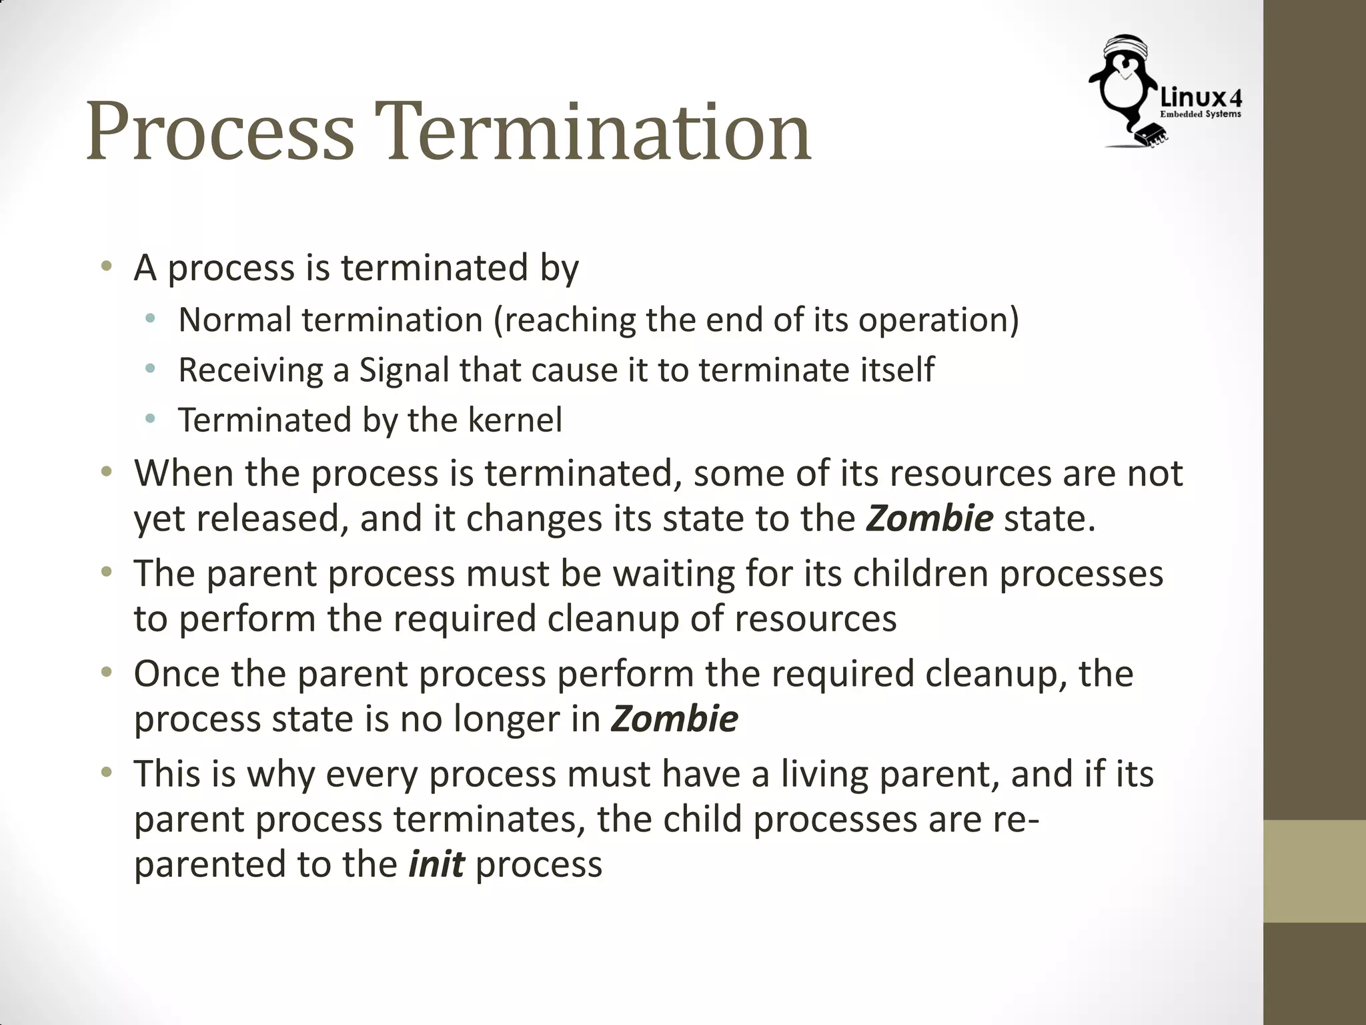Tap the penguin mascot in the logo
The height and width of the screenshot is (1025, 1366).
pos(1124,83)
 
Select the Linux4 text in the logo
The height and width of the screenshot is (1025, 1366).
pos(1201,99)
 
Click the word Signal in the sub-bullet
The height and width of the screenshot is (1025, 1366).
pos(404,370)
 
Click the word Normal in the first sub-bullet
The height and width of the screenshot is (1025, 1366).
pos(235,320)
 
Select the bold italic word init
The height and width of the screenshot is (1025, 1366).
pos(436,864)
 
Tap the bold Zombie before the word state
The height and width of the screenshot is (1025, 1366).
pos(930,519)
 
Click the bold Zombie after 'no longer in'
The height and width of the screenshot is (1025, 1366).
pos(674,719)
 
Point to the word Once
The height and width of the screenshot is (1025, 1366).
pos(177,674)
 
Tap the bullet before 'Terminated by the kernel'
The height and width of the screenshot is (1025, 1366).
pos(150,419)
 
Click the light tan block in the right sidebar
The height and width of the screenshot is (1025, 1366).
pos(1315,871)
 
